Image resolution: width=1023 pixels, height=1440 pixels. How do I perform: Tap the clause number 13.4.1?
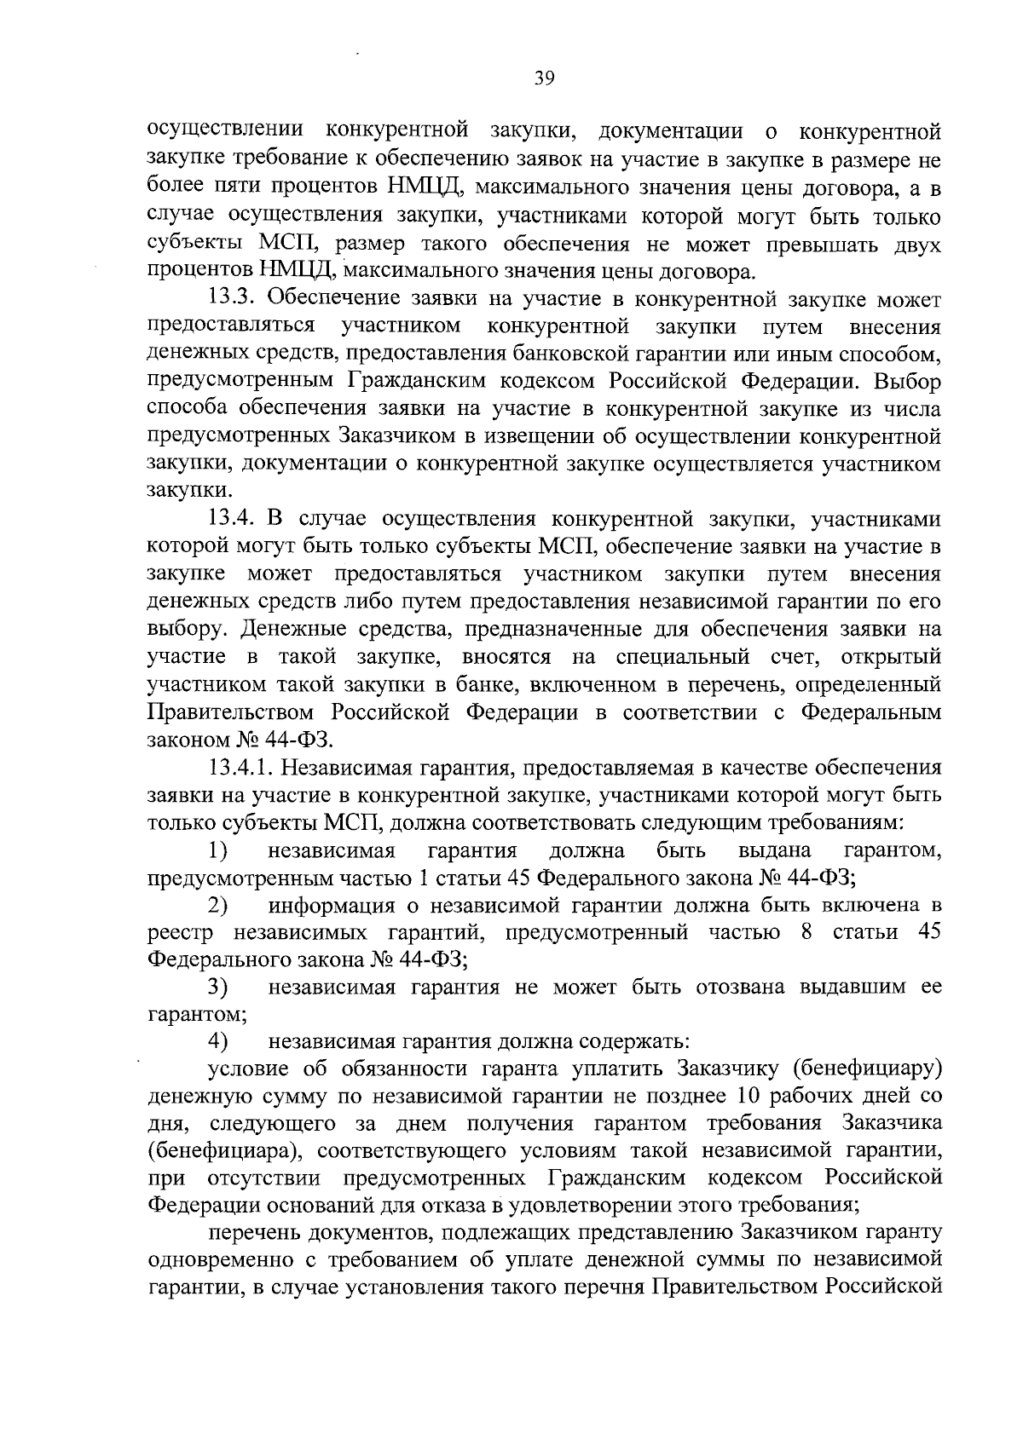(241, 768)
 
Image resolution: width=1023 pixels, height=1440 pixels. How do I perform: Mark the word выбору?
(184, 631)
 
